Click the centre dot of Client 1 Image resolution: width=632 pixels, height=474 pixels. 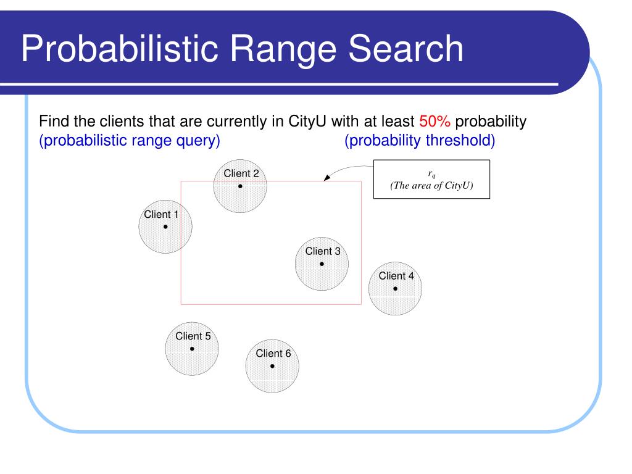(x=165, y=227)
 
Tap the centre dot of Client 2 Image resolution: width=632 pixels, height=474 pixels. (x=240, y=186)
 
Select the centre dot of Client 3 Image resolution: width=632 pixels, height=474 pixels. (x=322, y=264)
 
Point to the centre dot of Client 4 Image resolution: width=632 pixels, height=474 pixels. (x=395, y=288)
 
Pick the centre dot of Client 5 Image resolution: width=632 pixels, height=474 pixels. (x=192, y=349)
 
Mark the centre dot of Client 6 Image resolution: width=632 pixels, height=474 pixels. (x=272, y=366)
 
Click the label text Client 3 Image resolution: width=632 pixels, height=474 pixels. (x=322, y=251)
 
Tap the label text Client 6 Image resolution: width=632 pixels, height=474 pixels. (x=273, y=354)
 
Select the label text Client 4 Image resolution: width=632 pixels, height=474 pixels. (x=396, y=276)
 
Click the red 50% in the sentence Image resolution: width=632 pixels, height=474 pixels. (x=434, y=121)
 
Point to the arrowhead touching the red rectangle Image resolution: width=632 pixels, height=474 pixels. (x=327, y=179)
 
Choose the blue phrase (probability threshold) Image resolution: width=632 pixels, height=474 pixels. (x=420, y=141)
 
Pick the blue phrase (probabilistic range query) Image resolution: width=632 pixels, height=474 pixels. (x=130, y=141)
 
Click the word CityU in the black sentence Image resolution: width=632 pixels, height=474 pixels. (x=302, y=121)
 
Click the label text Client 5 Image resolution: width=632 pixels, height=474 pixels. (x=193, y=336)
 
